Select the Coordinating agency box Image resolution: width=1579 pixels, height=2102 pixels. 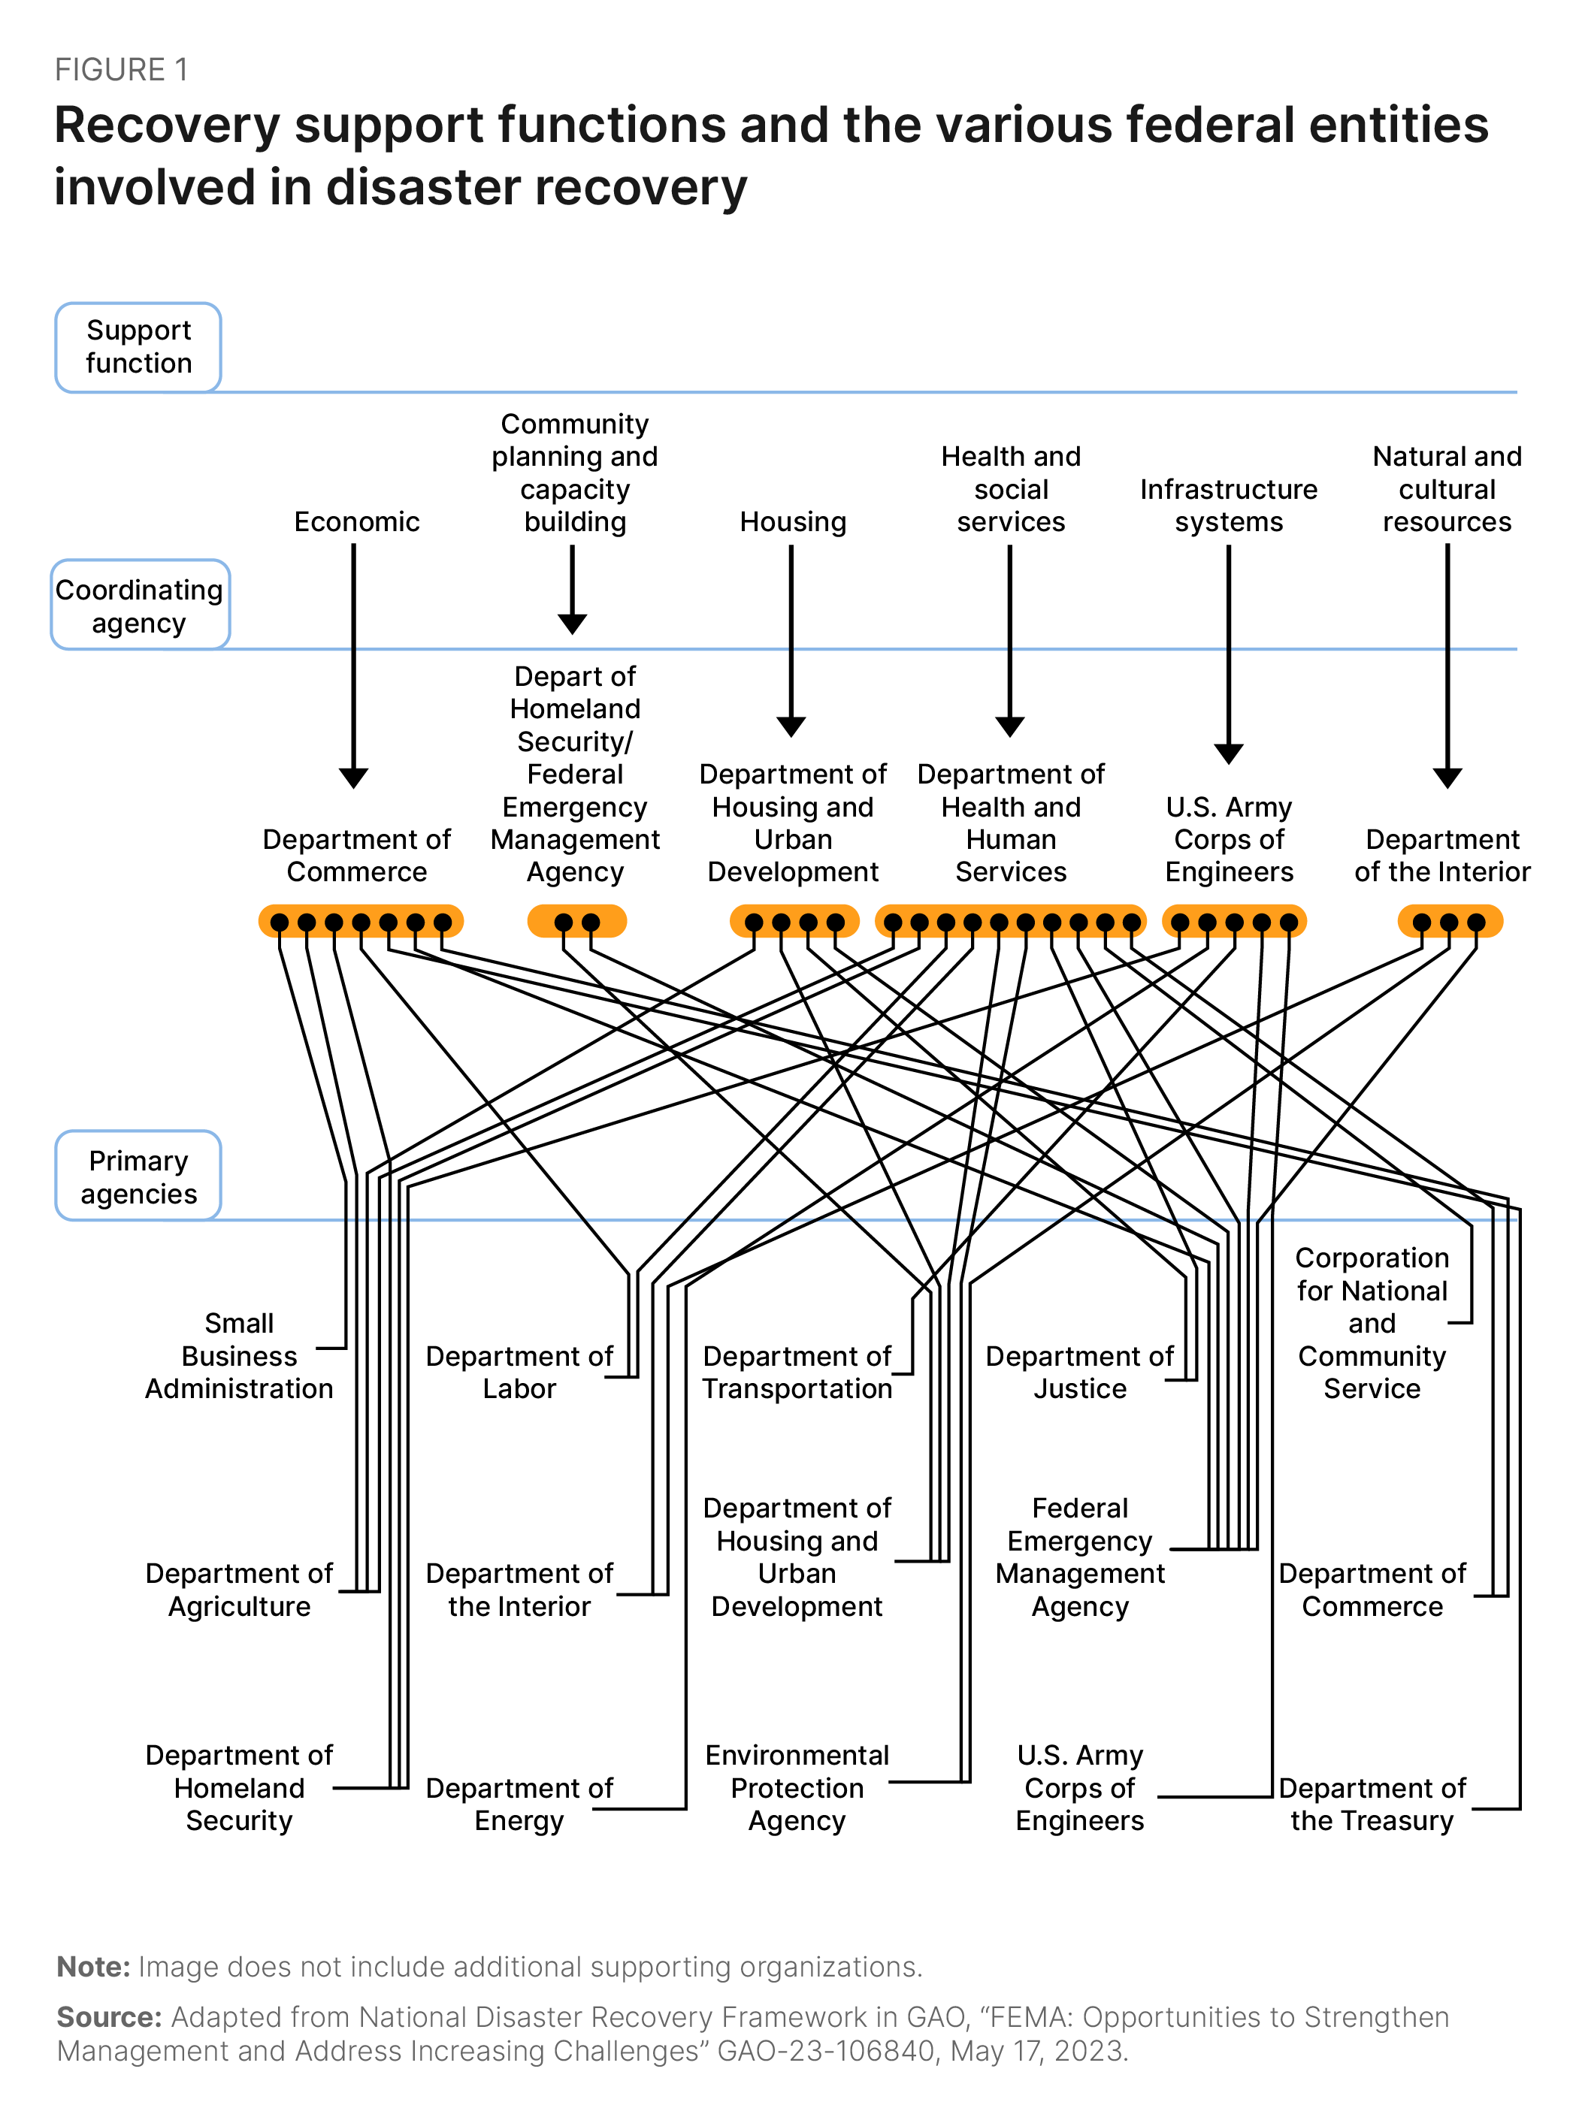(x=140, y=606)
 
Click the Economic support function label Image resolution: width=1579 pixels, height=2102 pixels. (x=356, y=521)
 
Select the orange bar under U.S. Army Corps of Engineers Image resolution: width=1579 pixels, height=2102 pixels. (x=1234, y=922)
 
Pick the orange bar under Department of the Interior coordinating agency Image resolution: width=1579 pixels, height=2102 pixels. (x=1449, y=922)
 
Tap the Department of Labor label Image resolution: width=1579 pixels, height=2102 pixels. (x=519, y=1373)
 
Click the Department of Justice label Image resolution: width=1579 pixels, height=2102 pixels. (x=1079, y=1373)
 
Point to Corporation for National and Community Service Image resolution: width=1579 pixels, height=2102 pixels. (x=1371, y=1323)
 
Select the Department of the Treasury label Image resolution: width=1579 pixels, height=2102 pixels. (x=1371, y=1804)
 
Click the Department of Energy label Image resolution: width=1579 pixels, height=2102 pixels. (x=519, y=1804)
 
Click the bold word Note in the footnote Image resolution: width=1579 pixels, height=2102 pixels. (x=93, y=1967)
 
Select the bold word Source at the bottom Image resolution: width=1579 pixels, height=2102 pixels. (x=109, y=2016)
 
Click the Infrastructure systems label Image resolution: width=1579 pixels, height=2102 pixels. (x=1228, y=506)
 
